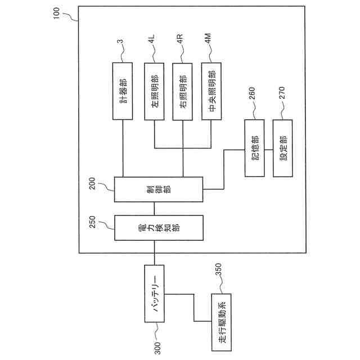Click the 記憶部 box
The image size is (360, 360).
click(254, 147)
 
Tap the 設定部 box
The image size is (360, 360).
click(282, 147)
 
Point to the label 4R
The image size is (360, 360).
click(179, 40)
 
